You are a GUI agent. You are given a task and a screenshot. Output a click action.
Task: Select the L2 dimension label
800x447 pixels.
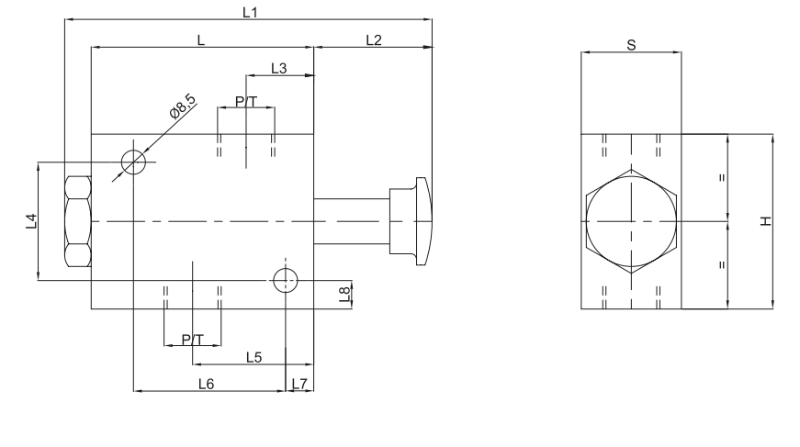[374, 39]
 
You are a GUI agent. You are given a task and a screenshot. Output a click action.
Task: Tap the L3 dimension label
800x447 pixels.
[280, 68]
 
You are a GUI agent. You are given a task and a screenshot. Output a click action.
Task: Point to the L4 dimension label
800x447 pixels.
[30, 220]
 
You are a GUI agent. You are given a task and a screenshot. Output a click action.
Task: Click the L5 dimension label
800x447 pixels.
[254, 357]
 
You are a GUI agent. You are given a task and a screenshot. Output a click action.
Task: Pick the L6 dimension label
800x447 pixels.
[206, 384]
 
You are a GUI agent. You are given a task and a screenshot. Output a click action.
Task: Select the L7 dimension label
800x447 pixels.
[298, 384]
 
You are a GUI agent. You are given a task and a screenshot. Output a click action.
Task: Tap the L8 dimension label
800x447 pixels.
[344, 294]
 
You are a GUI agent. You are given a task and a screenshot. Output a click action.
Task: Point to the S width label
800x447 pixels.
[630, 43]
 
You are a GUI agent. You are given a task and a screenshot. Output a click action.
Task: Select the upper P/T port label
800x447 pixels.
[246, 101]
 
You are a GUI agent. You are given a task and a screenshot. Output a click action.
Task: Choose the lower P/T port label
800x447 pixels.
[192, 339]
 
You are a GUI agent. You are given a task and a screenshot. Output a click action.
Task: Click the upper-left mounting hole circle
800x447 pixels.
[134, 162]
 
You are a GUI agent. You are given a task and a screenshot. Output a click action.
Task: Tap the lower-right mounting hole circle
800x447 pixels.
[287, 281]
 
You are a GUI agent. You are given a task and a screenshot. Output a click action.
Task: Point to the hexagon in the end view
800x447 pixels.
[631, 221]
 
